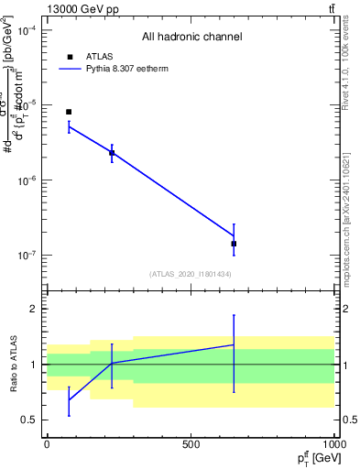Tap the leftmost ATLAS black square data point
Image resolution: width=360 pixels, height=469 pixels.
(69, 112)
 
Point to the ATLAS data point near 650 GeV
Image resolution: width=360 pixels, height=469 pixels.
(234, 244)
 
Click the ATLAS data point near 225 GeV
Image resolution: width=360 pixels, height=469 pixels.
(112, 153)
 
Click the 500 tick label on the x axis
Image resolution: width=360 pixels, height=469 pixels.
(191, 443)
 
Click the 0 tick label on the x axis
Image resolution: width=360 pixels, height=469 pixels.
(47, 443)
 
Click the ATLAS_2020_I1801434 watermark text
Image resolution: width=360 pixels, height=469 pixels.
(191, 274)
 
